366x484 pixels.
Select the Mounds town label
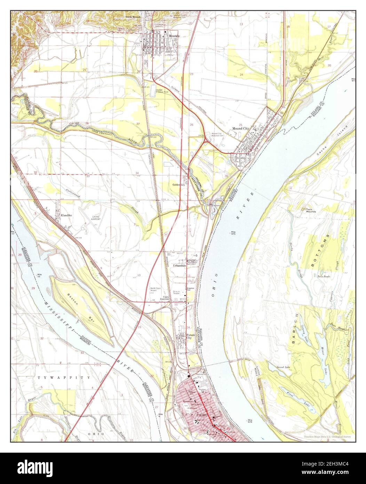click(174, 36)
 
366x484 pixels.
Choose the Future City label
click(189, 336)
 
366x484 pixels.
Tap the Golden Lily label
click(178, 185)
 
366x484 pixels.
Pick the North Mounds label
click(134, 17)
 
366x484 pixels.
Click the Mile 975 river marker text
click(236, 233)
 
